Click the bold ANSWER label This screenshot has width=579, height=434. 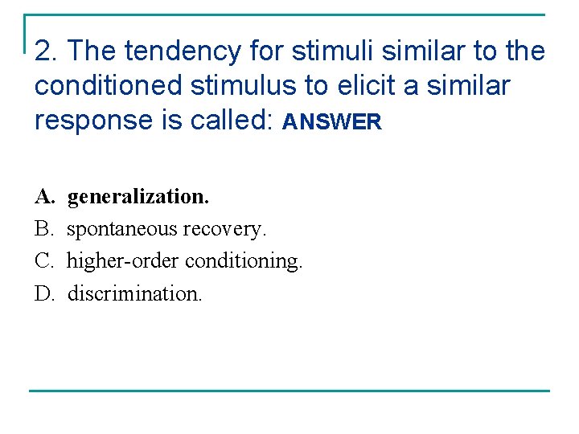pos(331,122)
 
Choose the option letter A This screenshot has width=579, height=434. pos(43,196)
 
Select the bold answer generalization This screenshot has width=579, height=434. pos(138,196)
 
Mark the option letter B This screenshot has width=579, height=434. pos(43,229)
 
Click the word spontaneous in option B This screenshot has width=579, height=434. pos(122,230)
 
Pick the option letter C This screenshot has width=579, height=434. pos(43,261)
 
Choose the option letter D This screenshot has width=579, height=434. pos(43,293)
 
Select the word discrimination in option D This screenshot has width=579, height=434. pos(135,293)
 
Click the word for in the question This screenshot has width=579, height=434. pos(267,51)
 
